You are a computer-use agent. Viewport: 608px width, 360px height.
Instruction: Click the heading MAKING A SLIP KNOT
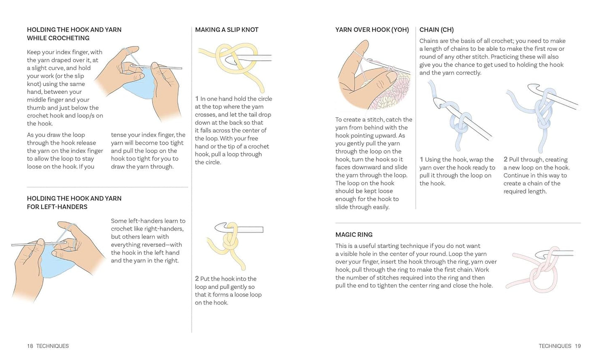pos(227,29)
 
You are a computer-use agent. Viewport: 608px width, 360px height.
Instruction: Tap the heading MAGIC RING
pos(354,234)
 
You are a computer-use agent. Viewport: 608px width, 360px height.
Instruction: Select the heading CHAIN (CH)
pos(436,29)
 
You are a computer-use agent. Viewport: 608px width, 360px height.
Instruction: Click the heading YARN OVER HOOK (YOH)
pos(372,29)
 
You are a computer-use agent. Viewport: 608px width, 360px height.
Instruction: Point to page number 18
pos(30,346)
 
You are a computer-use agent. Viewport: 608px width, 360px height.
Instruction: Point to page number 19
pos(578,346)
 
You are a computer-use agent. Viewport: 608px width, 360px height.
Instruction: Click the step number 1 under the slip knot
pos(197,99)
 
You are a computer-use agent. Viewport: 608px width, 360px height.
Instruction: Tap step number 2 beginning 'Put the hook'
pos(197,278)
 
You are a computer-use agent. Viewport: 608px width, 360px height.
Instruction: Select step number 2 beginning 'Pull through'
pos(505,159)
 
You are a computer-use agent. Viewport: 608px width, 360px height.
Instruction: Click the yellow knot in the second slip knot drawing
pos(230,242)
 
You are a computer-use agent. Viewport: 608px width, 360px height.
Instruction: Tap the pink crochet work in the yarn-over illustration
pos(391,92)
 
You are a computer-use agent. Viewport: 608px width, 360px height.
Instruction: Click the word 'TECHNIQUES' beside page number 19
pos(555,346)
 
